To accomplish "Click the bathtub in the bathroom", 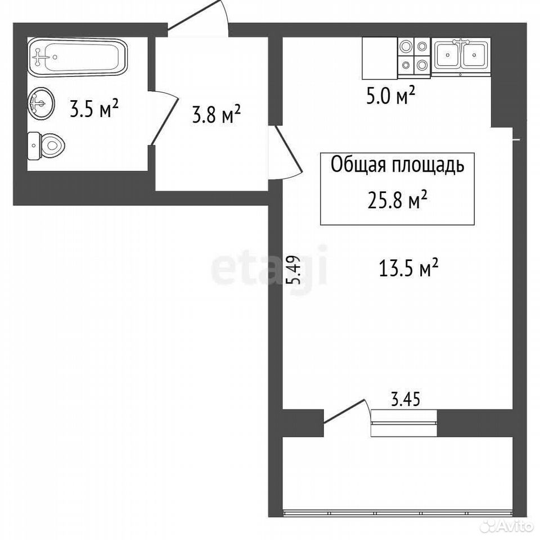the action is click(x=78, y=57).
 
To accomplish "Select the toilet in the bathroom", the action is click(x=46, y=146).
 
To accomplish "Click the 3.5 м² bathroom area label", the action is click(x=94, y=107).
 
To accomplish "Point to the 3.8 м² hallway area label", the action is click(x=216, y=114).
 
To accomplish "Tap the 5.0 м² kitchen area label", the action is click(x=390, y=95).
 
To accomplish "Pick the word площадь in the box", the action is click(x=427, y=165).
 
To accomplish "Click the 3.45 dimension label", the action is click(x=406, y=399).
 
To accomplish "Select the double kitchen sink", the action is click(x=461, y=56).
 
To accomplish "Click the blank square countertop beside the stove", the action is click(x=380, y=58).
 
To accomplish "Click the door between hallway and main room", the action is click(x=285, y=153).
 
